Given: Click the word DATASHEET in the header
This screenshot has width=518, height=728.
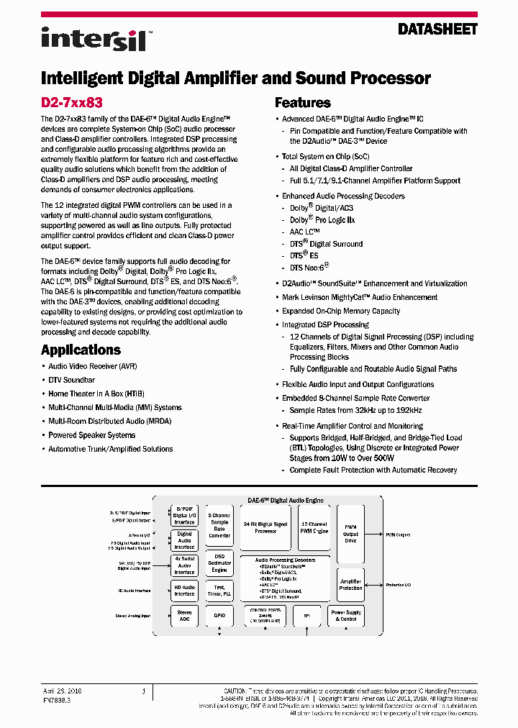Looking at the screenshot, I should pyautogui.click(x=437, y=29).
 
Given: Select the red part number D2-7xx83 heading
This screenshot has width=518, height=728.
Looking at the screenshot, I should pyautogui.click(x=71, y=103).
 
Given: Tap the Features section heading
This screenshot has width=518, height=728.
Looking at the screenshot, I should pyautogui.click(x=303, y=103).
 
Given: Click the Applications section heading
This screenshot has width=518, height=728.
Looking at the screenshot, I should pyautogui.click(x=81, y=350).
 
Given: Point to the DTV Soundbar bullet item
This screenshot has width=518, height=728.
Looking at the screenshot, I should pyautogui.click(x=71, y=380).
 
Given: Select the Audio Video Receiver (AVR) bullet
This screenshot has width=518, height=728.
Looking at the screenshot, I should pyautogui.click(x=92, y=366).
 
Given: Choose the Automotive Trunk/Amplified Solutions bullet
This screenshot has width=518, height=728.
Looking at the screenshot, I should pyautogui.click(x=110, y=449).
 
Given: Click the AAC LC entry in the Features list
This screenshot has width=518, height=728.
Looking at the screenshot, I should pyautogui.click(x=306, y=232).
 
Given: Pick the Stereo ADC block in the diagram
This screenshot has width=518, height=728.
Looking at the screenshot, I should pyautogui.click(x=184, y=616).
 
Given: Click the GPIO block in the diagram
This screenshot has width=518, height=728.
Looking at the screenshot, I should pyautogui.click(x=219, y=616).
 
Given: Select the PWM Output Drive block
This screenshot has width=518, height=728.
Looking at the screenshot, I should pyautogui.click(x=350, y=533).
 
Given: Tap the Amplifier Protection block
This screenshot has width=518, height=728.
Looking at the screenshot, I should pyautogui.click(x=350, y=584).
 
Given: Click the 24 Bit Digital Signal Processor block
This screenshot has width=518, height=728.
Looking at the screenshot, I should pyautogui.click(x=265, y=528).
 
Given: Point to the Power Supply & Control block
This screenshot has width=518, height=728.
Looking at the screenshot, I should pyautogui.click(x=347, y=616).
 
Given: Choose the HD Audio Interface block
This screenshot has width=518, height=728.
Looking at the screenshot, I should pyautogui.click(x=184, y=591).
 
